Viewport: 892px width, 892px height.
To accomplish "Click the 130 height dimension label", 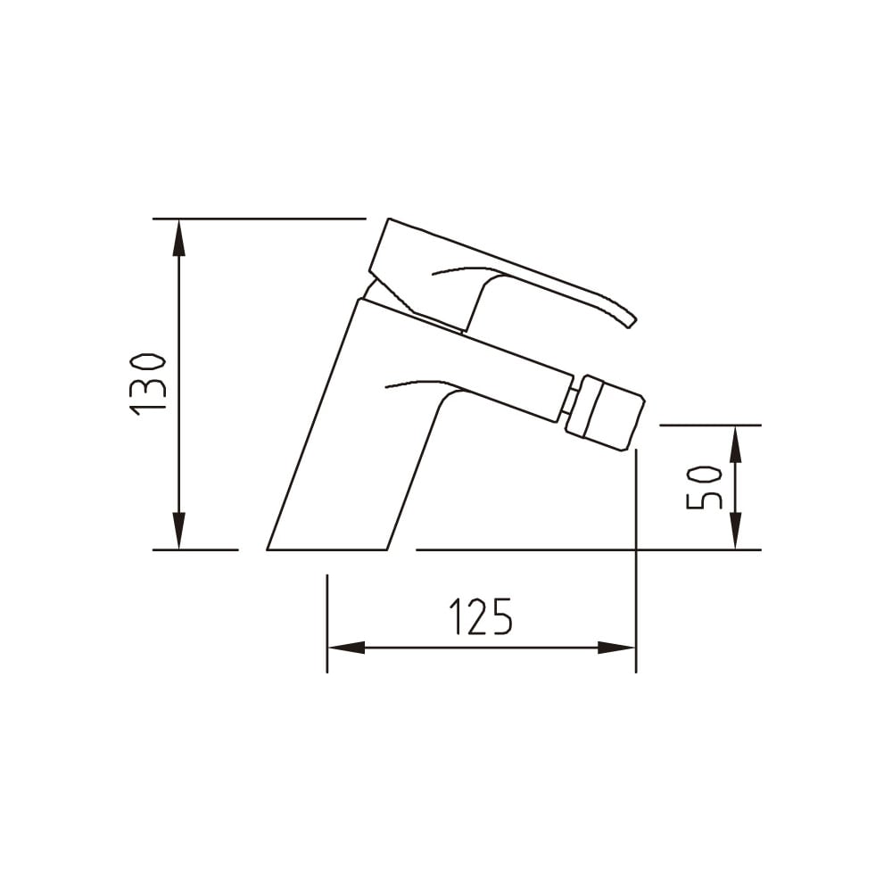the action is tap(148, 384).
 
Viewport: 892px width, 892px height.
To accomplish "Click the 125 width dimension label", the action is tap(482, 616).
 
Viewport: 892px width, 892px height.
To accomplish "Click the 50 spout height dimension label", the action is tap(705, 488).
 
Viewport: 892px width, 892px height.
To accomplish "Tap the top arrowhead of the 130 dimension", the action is tap(179, 238).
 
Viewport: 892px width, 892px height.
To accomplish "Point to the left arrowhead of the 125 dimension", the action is tap(347, 648).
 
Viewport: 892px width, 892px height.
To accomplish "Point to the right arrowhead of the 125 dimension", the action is tap(616, 648).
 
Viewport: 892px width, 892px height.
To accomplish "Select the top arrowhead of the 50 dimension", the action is tap(735, 444).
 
